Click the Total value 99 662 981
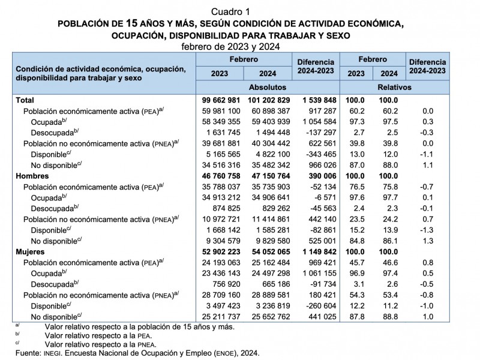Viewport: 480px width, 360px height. (219, 100)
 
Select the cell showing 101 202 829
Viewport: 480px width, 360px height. (267, 100)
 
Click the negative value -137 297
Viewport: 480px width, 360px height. (316, 132)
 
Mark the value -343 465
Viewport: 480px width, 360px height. (316, 154)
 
